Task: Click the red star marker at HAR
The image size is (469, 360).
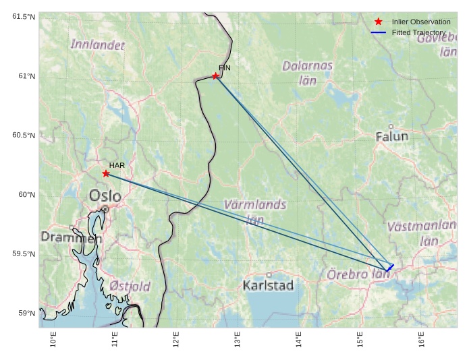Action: click(106, 173)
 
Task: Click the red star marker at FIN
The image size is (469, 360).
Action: click(215, 76)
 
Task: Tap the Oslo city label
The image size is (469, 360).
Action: click(105, 196)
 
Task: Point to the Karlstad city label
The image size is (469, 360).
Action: click(268, 285)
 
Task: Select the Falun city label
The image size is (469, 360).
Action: click(391, 136)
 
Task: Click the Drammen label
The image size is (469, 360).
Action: click(71, 238)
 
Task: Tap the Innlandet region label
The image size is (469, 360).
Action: click(98, 45)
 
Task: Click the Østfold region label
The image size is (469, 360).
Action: click(130, 287)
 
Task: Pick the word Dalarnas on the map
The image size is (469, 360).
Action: click(307, 66)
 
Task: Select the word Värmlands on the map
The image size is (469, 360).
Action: click(254, 204)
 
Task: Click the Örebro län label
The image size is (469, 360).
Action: click(358, 274)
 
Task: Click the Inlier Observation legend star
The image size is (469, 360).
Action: click(378, 22)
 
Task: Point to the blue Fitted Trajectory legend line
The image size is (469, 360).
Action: click(378, 32)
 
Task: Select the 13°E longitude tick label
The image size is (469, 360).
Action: click(237, 340)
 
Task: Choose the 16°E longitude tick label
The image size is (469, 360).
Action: click(421, 340)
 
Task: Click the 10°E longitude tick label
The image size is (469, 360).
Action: click(53, 340)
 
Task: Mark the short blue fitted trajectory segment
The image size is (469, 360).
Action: click(390, 268)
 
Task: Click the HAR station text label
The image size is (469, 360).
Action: click(117, 165)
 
